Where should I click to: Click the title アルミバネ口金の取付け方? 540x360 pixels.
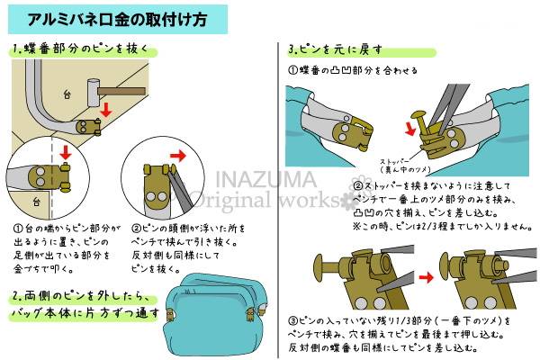(x=117, y=19)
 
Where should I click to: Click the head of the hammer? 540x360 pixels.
(x=93, y=93)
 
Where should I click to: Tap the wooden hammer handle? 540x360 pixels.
(x=121, y=91)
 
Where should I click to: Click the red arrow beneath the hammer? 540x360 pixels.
(x=106, y=109)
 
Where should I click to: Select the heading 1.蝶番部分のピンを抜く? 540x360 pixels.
(x=80, y=49)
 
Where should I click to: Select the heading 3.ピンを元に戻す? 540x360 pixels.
(x=336, y=49)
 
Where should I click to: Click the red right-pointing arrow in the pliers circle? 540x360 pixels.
(x=177, y=156)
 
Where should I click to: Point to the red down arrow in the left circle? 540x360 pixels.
(x=65, y=152)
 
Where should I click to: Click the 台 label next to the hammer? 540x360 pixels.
(x=67, y=94)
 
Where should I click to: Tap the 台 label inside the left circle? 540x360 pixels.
(x=37, y=202)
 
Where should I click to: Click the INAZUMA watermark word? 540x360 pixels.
(x=265, y=179)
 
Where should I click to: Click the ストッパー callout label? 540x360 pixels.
(x=395, y=161)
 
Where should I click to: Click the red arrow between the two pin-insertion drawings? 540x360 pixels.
(x=426, y=277)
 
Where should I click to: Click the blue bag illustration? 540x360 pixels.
(x=216, y=313)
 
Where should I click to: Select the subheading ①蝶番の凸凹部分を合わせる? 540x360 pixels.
(x=353, y=70)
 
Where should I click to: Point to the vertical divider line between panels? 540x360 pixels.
(x=278, y=200)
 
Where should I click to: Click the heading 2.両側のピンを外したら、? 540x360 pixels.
(x=81, y=296)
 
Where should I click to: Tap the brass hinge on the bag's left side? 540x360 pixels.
(x=170, y=314)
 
